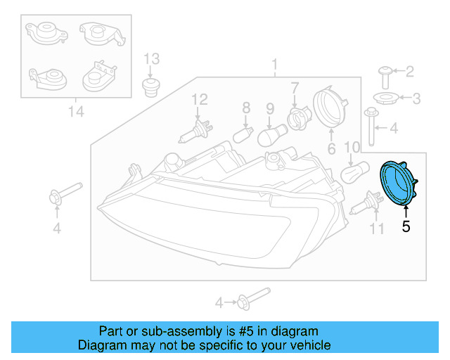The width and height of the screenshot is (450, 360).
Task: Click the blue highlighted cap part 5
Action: click(397, 184)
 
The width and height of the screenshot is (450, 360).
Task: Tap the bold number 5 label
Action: click(405, 226)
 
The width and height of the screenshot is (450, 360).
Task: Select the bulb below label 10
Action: click(352, 173)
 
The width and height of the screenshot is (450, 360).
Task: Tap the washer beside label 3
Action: click(386, 97)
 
